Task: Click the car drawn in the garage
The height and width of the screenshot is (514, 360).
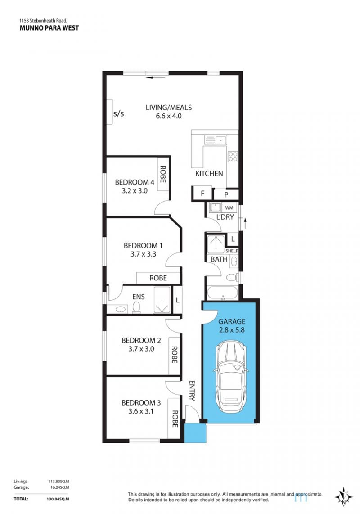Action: [231, 377]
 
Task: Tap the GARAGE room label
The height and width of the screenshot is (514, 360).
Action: [232, 321]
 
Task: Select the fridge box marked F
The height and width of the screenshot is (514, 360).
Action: [202, 194]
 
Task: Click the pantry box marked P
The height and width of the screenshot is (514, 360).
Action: [226, 195]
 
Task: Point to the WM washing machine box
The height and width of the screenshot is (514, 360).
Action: [229, 208]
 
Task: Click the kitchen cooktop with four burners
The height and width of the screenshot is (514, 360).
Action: [233, 156]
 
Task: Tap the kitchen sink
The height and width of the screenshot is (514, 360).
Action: [216, 140]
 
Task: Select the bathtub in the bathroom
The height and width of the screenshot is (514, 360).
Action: [222, 293]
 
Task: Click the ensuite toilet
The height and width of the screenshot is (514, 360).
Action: [136, 307]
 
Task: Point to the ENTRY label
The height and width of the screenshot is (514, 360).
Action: [192, 391]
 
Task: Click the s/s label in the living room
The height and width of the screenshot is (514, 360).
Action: [119, 114]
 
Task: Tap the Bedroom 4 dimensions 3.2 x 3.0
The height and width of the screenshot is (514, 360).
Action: [135, 191]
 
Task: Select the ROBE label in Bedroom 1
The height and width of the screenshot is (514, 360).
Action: [158, 278]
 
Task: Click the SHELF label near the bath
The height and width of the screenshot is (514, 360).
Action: [232, 251]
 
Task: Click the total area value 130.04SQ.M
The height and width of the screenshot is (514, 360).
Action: [58, 500]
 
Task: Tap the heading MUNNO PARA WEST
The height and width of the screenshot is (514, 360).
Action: [49, 28]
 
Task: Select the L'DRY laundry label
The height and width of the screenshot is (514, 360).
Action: [225, 217]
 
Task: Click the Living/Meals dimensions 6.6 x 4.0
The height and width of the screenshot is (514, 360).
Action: [169, 116]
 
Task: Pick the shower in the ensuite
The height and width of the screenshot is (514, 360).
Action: [162, 300]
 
